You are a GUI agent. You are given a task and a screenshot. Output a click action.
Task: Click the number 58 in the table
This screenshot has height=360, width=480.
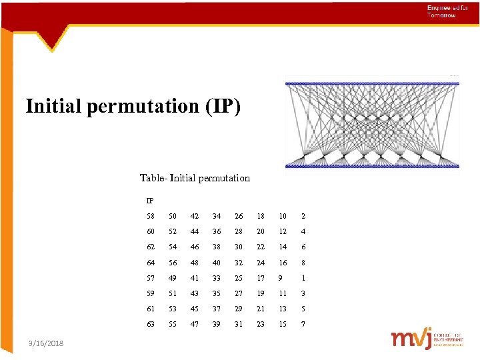(x=150, y=216)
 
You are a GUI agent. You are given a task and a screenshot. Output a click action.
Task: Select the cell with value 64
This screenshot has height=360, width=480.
(x=150, y=262)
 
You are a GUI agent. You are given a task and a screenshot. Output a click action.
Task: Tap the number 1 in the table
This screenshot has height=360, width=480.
(x=303, y=277)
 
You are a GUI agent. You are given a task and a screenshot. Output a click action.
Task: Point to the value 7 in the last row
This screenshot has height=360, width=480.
(x=303, y=324)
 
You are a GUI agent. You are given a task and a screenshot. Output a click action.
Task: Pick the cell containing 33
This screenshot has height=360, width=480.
(x=217, y=277)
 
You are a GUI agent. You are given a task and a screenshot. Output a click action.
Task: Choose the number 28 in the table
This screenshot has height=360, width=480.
(x=239, y=231)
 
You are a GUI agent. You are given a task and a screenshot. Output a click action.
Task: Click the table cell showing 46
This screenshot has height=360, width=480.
(x=195, y=247)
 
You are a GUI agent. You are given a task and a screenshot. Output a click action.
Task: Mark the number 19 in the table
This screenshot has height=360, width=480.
(x=261, y=293)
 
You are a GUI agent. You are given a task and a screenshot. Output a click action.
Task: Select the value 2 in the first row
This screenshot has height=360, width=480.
(x=303, y=216)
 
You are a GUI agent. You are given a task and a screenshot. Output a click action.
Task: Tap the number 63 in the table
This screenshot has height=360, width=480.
(x=150, y=324)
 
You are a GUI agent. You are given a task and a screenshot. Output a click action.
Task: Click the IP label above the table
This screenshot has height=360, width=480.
(x=150, y=200)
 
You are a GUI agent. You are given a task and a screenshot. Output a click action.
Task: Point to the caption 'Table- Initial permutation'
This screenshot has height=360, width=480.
(x=195, y=178)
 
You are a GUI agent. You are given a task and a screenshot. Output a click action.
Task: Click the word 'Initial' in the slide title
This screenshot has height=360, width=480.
(x=54, y=106)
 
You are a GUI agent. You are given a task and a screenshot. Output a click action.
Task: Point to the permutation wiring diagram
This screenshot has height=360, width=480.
(x=372, y=124)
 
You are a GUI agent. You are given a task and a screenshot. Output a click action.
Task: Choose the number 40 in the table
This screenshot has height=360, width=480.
(x=217, y=262)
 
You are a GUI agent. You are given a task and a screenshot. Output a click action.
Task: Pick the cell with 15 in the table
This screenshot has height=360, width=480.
(x=283, y=324)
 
